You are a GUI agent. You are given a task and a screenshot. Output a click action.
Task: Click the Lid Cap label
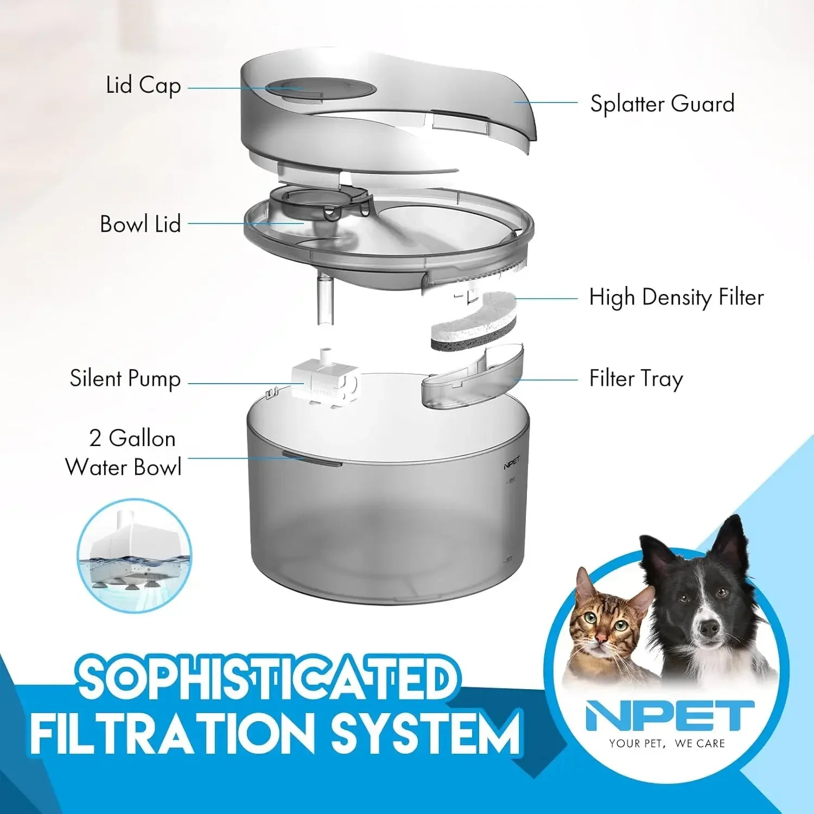click(143, 86)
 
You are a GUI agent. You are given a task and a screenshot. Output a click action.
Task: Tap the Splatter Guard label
click(662, 103)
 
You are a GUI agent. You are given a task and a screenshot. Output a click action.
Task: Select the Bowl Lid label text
click(140, 224)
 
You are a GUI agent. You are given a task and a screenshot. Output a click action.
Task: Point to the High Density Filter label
click(676, 297)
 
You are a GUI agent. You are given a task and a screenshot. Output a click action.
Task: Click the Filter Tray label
click(636, 379)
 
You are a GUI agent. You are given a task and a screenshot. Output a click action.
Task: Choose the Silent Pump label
click(125, 379)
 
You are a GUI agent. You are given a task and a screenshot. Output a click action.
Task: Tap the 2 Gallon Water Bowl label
click(124, 453)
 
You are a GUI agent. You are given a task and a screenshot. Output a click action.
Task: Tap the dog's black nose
click(708, 627)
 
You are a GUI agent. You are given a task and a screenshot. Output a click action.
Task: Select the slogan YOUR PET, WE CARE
click(666, 743)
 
